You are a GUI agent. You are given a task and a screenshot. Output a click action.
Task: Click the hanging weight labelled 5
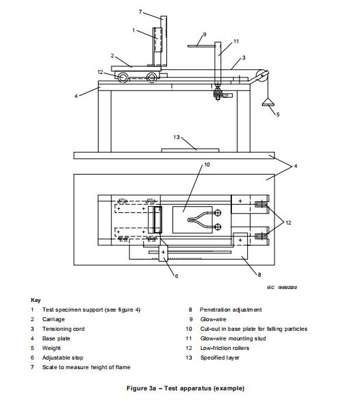(x=268, y=102)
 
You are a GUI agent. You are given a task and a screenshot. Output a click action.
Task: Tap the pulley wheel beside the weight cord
(x=262, y=76)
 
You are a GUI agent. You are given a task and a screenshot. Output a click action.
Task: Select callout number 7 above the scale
(x=140, y=12)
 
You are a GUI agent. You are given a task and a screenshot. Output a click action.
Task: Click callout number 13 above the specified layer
(x=177, y=137)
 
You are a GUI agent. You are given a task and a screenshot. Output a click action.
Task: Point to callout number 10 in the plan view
(x=207, y=164)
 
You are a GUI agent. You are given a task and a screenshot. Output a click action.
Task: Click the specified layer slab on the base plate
(x=190, y=150)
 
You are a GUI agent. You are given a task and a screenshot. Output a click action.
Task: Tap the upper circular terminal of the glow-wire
(x=218, y=212)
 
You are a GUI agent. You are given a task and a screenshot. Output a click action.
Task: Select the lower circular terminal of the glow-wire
(x=218, y=227)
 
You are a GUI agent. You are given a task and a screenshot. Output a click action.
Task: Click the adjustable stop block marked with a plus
(x=163, y=253)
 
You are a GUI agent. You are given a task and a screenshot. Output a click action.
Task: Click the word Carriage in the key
(x=53, y=319)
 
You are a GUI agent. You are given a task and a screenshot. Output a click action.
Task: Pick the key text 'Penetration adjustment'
(x=231, y=310)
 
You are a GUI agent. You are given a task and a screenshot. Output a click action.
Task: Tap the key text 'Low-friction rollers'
(x=224, y=348)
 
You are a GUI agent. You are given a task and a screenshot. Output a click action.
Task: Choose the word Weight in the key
(x=51, y=348)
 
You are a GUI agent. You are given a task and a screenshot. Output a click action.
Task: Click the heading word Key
(x=36, y=300)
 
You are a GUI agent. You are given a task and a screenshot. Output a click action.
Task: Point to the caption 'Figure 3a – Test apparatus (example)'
(x=185, y=388)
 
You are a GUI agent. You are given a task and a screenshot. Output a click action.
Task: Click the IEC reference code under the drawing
(x=282, y=288)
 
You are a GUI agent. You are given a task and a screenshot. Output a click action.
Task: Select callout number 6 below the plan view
(x=177, y=276)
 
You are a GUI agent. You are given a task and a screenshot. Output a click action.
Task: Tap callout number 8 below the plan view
(x=259, y=275)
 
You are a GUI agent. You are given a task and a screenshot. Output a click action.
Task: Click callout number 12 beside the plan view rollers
(x=288, y=223)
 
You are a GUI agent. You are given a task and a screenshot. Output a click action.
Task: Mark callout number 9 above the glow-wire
(x=205, y=34)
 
